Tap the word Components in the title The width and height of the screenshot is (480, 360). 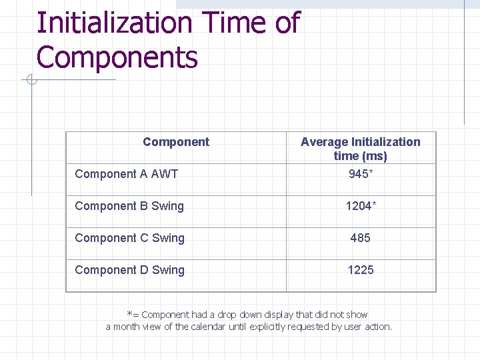[x=117, y=57]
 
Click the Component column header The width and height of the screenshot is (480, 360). [x=176, y=142]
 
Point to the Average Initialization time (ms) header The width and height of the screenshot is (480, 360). [x=360, y=149]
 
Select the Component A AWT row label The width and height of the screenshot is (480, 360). [x=127, y=174]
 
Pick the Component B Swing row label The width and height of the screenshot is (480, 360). [x=129, y=206]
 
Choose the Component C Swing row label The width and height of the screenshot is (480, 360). [x=130, y=238]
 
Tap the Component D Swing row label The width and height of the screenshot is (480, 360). [x=130, y=270]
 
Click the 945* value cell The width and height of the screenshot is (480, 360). [x=360, y=174]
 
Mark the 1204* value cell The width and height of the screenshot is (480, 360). [x=360, y=206]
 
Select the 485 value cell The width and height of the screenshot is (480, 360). [x=360, y=238]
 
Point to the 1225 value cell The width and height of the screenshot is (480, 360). [x=360, y=270]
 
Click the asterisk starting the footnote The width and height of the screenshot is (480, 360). [x=129, y=314]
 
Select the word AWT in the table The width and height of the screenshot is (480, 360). [x=165, y=174]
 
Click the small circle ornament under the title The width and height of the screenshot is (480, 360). [x=31, y=81]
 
